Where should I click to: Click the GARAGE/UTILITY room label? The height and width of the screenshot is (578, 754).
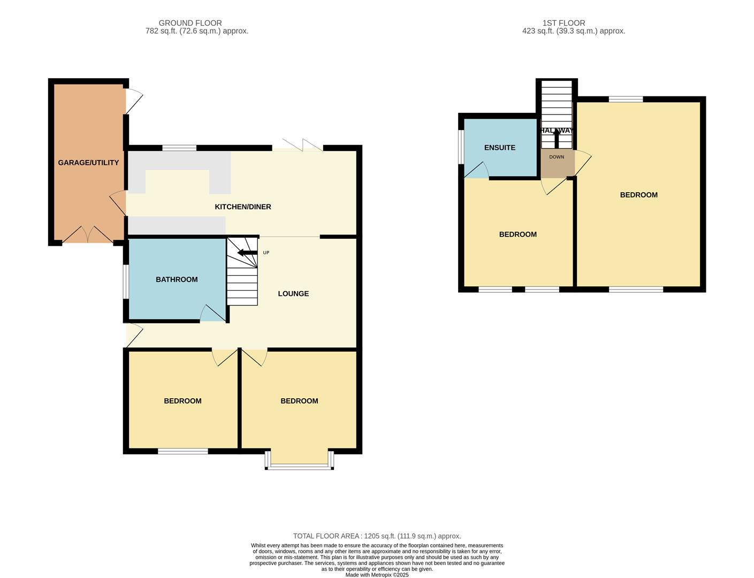click(x=88, y=163)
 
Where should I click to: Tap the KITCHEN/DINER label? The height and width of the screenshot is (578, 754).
click(x=242, y=207)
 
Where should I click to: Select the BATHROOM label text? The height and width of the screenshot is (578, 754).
click(x=177, y=279)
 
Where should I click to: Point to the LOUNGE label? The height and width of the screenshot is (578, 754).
click(x=293, y=294)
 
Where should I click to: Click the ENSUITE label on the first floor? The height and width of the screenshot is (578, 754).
click(x=499, y=148)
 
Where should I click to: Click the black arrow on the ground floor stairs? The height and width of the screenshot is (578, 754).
click(x=247, y=253)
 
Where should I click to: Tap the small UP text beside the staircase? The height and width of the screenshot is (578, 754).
click(x=266, y=253)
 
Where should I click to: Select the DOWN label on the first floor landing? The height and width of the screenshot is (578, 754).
click(x=557, y=157)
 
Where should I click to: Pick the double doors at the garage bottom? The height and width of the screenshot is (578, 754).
click(x=88, y=235)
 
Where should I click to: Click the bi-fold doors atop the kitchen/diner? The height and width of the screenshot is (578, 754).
click(x=298, y=145)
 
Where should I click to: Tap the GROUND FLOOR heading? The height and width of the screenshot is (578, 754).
click(x=190, y=23)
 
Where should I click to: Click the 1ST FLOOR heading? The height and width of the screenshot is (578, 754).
click(x=563, y=23)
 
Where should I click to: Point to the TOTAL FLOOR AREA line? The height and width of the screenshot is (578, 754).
click(x=377, y=536)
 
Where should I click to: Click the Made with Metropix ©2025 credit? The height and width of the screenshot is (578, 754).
click(x=377, y=575)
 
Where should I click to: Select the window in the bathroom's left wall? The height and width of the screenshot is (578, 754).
click(x=126, y=282)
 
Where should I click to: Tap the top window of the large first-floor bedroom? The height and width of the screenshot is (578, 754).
click(x=626, y=99)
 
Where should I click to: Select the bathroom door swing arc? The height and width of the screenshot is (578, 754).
click(x=211, y=314)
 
